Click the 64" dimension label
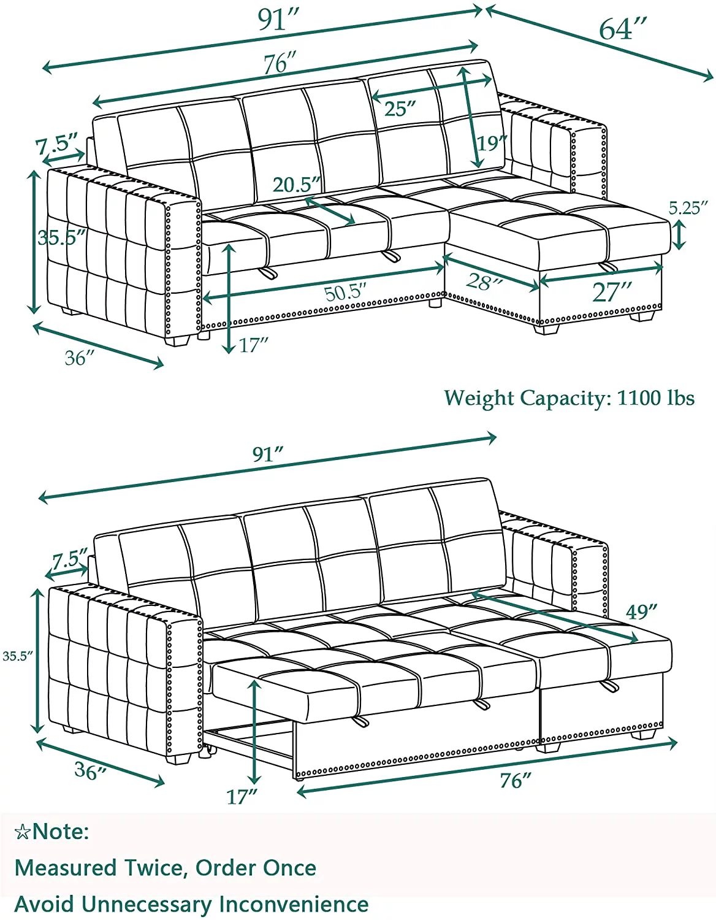click(623, 29)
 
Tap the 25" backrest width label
click(400, 109)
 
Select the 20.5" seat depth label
click(297, 185)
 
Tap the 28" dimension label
click(484, 281)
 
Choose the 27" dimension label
click(611, 292)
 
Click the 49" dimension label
click(642, 611)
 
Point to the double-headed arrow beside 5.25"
click(679, 236)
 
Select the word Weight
click(479, 399)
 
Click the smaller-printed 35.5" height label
click(18, 657)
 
